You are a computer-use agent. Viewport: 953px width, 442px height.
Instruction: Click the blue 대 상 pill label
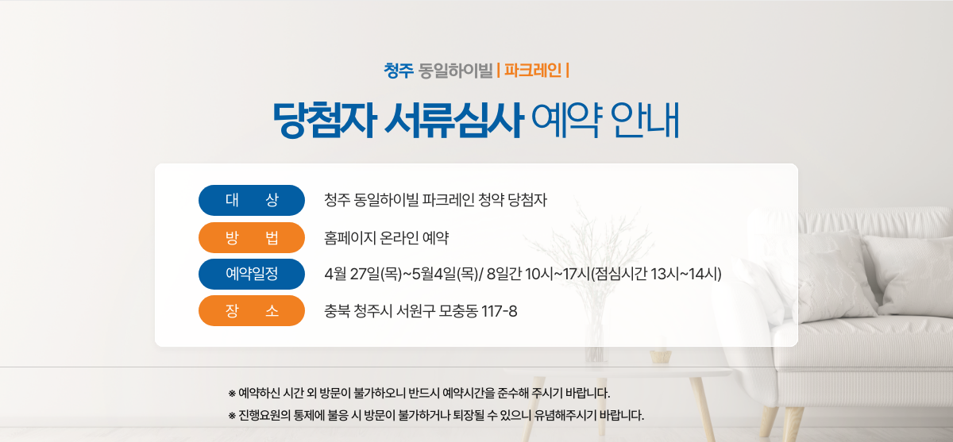(x=252, y=200)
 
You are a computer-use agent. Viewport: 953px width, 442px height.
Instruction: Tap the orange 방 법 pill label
(x=252, y=237)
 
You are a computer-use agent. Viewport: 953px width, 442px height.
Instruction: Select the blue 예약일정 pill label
(x=252, y=274)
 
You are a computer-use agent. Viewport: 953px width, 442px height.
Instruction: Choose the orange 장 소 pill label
(x=252, y=311)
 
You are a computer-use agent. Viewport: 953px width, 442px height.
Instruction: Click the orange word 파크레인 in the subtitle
(x=533, y=70)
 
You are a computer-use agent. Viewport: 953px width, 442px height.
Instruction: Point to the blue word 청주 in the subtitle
(x=399, y=71)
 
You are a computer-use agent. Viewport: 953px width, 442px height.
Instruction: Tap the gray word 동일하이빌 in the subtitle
(x=455, y=71)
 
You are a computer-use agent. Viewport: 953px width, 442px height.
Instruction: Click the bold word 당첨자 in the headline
(x=325, y=121)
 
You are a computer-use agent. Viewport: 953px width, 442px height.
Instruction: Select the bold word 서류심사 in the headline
(x=453, y=121)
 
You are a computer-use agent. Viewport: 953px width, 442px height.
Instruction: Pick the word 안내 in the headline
(x=645, y=121)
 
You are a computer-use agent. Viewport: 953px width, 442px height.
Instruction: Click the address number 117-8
(x=500, y=312)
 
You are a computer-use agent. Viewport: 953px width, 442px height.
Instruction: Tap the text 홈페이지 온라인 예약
(x=386, y=238)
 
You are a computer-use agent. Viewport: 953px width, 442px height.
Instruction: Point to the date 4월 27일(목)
(x=363, y=274)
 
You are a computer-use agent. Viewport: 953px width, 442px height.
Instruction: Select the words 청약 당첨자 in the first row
(x=513, y=200)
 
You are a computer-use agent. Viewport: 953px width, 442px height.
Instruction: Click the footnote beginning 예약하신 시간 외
(x=419, y=393)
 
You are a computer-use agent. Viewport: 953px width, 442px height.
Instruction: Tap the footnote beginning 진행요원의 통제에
(x=436, y=415)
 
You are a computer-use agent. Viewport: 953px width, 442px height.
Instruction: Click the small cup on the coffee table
(x=660, y=356)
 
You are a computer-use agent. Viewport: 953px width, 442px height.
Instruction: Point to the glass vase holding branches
(x=595, y=342)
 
